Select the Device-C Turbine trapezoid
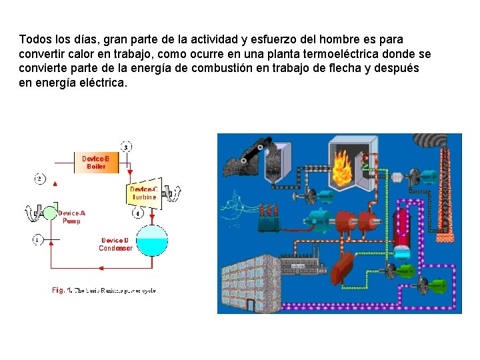pyautogui.click(x=144, y=193)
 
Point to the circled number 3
pyautogui.click(x=126, y=147)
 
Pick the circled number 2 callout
pyautogui.click(x=40, y=179)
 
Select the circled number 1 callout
pyautogui.click(x=38, y=239)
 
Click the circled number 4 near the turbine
pyautogui.click(x=137, y=214)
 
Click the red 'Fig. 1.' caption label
pyautogui.click(x=62, y=290)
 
